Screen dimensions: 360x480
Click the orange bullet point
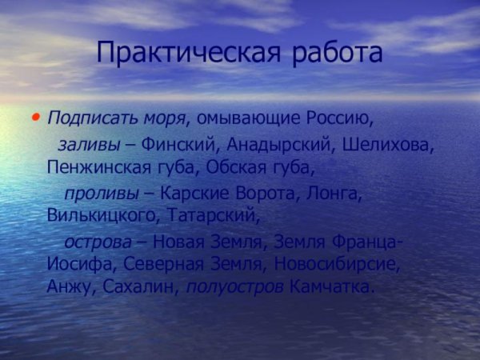coord(35,118)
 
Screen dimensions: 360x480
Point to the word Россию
coord(340,119)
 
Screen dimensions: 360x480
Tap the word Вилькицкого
coord(105,215)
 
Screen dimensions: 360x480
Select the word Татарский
coord(215,215)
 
